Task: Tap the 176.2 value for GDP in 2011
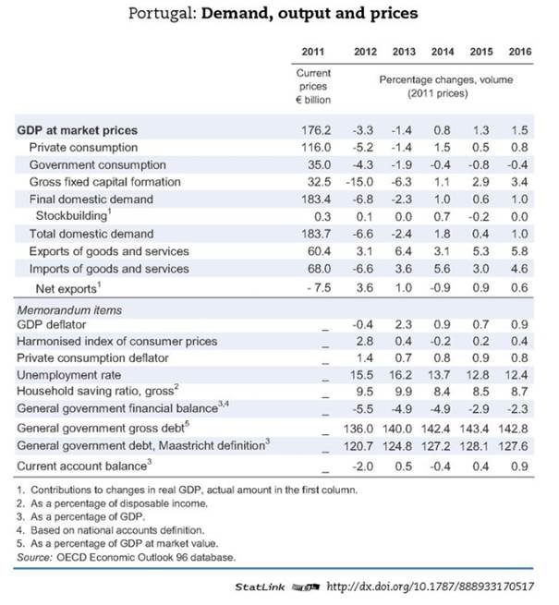coord(317,130)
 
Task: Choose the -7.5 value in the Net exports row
coord(317,286)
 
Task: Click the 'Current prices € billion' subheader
coord(313,86)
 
